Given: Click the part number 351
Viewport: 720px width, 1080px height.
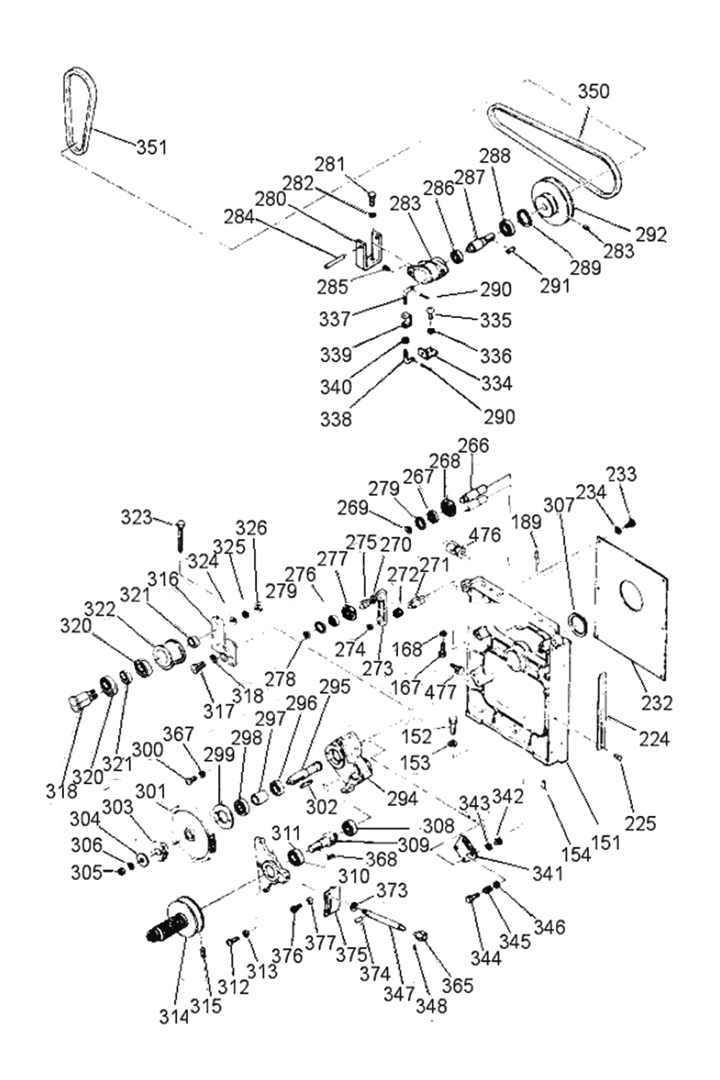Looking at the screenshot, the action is [x=151, y=147].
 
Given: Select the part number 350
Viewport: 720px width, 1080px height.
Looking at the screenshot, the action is [x=594, y=91].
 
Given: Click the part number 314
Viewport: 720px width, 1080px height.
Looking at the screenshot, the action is [x=174, y=1017].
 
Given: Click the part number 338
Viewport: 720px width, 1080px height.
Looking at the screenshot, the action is [x=336, y=419].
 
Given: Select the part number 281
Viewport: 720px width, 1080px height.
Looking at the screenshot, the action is [x=330, y=165].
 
